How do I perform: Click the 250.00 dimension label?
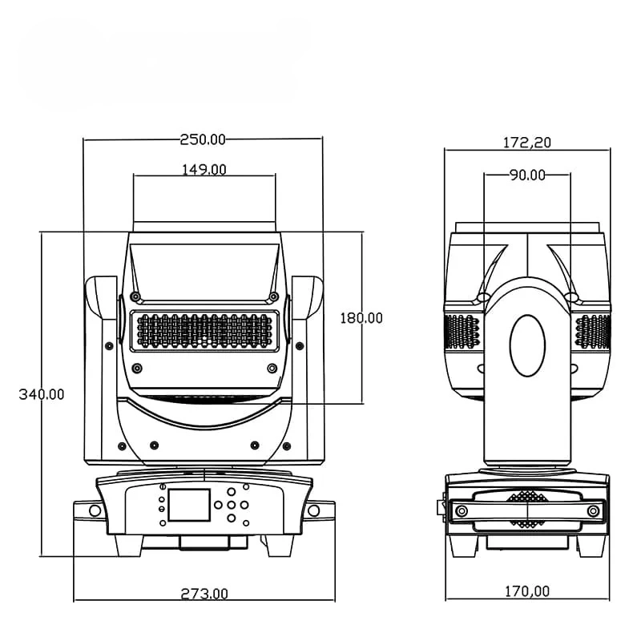tap(203, 139)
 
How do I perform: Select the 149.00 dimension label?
tap(204, 169)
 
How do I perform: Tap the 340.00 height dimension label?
tap(42, 394)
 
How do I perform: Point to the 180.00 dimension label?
tap(361, 317)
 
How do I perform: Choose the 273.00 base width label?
tap(204, 593)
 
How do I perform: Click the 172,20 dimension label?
tap(527, 143)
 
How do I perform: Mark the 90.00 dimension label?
tap(527, 175)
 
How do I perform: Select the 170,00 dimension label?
tap(527, 591)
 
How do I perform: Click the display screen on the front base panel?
tap(189, 505)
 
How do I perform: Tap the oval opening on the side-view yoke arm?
tap(527, 345)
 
